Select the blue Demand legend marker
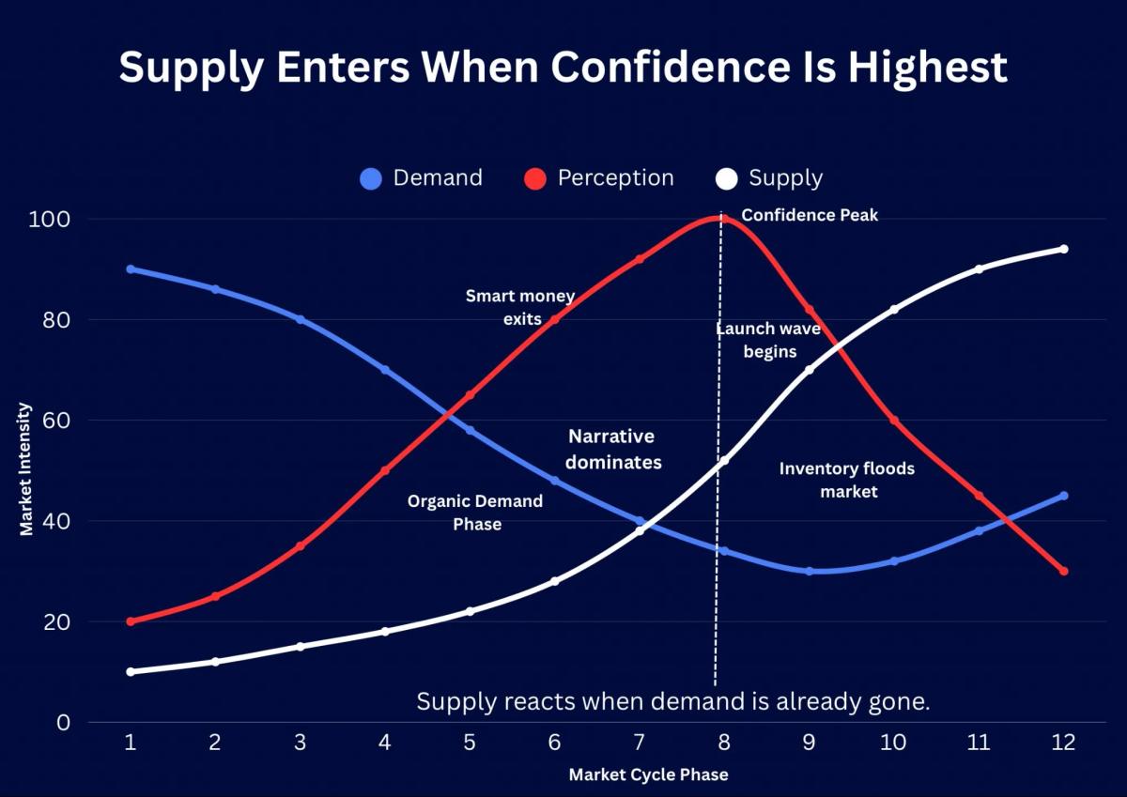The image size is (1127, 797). (x=371, y=178)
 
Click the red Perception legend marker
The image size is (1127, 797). (x=535, y=178)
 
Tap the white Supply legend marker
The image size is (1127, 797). (x=727, y=178)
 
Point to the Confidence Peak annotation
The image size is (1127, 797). (x=810, y=215)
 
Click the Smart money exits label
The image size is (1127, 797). (x=519, y=307)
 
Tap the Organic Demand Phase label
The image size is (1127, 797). (x=475, y=513)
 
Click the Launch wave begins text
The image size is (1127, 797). (x=768, y=340)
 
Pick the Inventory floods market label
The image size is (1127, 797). (x=846, y=479)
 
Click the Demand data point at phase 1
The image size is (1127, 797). (x=131, y=269)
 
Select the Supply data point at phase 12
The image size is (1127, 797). (x=1063, y=249)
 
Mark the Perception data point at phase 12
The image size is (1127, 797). (x=1063, y=571)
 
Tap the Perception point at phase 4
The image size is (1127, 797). (x=385, y=470)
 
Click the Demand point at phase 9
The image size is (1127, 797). (x=809, y=571)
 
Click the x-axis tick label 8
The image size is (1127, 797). (x=723, y=743)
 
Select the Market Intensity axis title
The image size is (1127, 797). (x=26, y=469)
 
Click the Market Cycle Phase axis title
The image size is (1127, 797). (x=648, y=775)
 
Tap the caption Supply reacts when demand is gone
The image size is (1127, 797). (x=672, y=702)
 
